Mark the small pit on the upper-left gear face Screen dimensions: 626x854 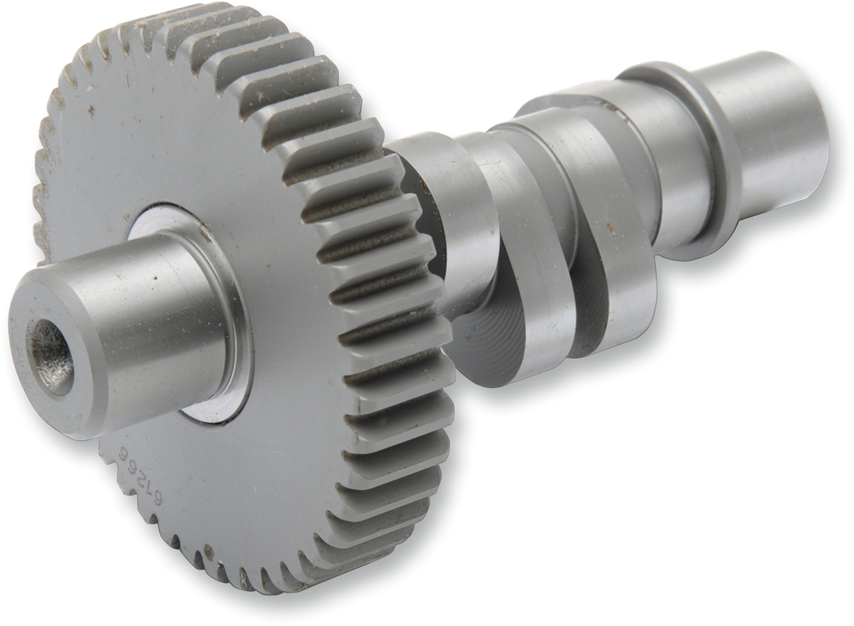(90, 110)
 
